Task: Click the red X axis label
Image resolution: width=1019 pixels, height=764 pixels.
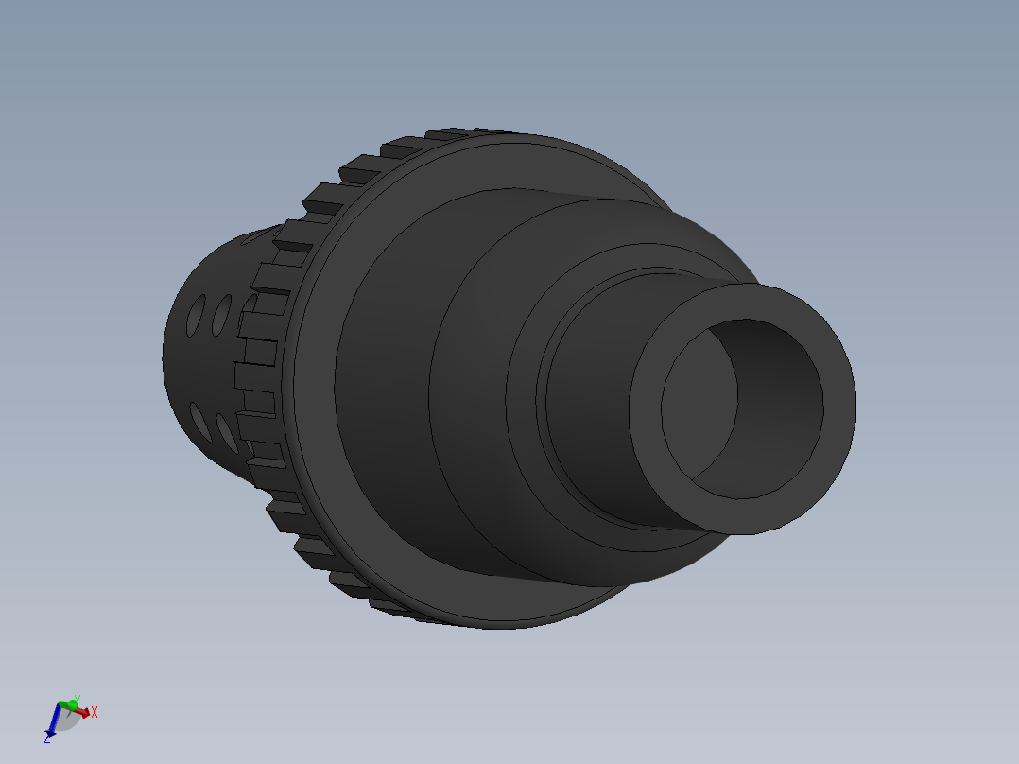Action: [95, 712]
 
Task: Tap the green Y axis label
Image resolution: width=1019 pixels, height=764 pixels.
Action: [77, 699]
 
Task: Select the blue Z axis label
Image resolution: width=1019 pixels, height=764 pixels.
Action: [47, 738]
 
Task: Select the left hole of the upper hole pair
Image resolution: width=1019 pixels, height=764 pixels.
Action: [196, 313]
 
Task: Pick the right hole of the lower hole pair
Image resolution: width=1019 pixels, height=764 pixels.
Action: [226, 430]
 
